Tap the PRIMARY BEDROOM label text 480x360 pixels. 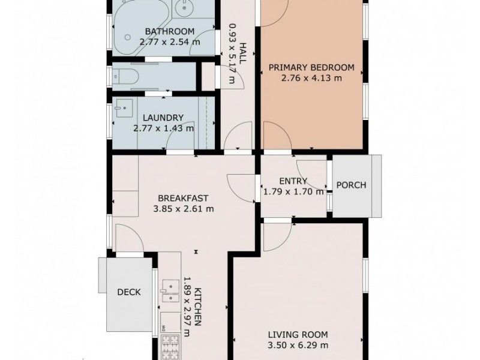(311, 67)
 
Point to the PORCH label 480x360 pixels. (351, 185)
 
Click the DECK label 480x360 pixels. (128, 292)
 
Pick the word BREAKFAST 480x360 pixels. (182, 198)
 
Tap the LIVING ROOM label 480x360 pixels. (298, 335)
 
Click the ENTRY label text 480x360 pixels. (293, 181)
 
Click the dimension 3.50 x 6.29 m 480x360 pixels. (298, 345)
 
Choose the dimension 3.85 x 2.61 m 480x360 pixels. (182, 209)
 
